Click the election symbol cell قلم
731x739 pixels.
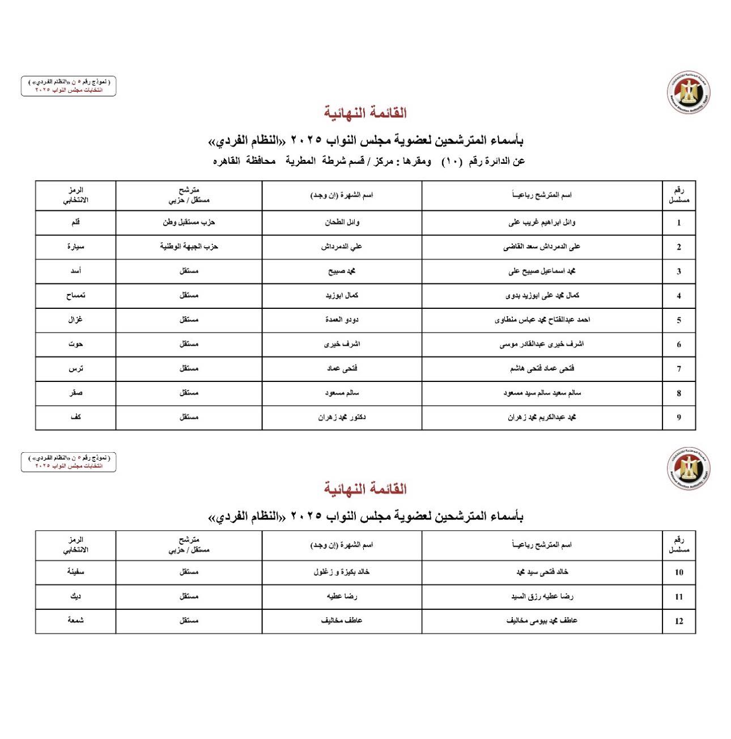[75, 222]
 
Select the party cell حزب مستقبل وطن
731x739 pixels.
[189, 222]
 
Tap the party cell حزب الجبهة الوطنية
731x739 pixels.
[189, 247]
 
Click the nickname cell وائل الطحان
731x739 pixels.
[342, 222]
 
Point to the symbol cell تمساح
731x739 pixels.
[75, 295]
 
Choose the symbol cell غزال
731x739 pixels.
[75, 320]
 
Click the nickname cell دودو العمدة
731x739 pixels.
[342, 320]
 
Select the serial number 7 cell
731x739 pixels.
[679, 369]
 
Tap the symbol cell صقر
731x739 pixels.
[75, 393]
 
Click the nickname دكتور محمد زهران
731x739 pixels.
[342, 417]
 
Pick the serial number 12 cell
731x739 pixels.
[679, 621]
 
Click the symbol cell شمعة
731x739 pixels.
[75, 621]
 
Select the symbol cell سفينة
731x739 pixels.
[75, 572]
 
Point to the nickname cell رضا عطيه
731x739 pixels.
[342, 596]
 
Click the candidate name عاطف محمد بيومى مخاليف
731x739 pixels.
[542, 621]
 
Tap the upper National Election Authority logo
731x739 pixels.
[688, 92]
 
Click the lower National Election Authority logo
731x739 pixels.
[688, 468]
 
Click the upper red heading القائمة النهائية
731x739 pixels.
[365, 113]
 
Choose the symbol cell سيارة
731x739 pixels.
[75, 247]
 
